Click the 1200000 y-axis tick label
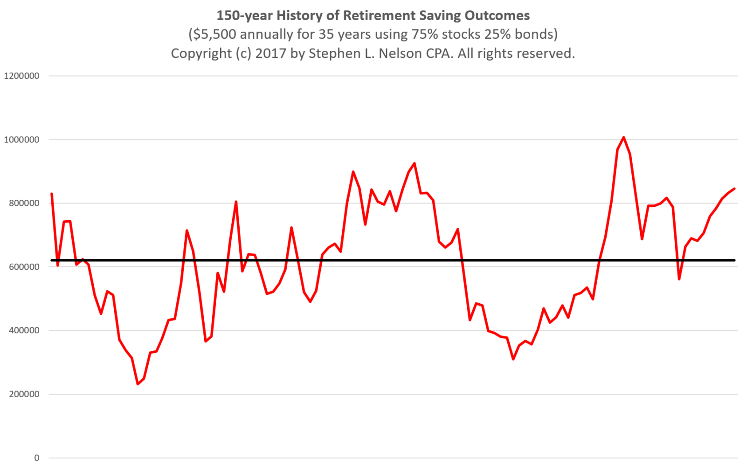[x=21, y=76]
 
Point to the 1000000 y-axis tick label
[x=21, y=140]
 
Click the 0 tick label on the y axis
[x=36, y=458]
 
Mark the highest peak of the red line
[x=624, y=137]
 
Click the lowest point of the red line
[x=138, y=384]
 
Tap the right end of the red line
[x=734, y=189]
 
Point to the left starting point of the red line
[x=52, y=194]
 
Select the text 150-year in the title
[x=244, y=15]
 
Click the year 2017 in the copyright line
[x=270, y=54]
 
